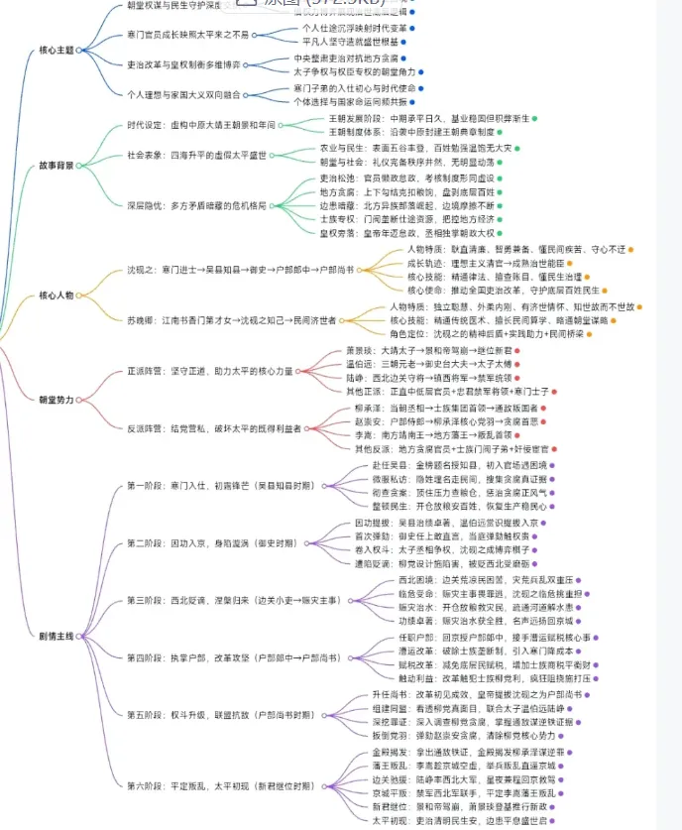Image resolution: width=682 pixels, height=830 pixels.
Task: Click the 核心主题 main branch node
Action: click(x=56, y=49)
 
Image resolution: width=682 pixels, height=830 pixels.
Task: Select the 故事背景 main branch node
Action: click(x=56, y=165)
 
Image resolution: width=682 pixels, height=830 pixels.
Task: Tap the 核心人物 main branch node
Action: click(x=56, y=295)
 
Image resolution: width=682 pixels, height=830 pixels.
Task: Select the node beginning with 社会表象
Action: click(x=197, y=155)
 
